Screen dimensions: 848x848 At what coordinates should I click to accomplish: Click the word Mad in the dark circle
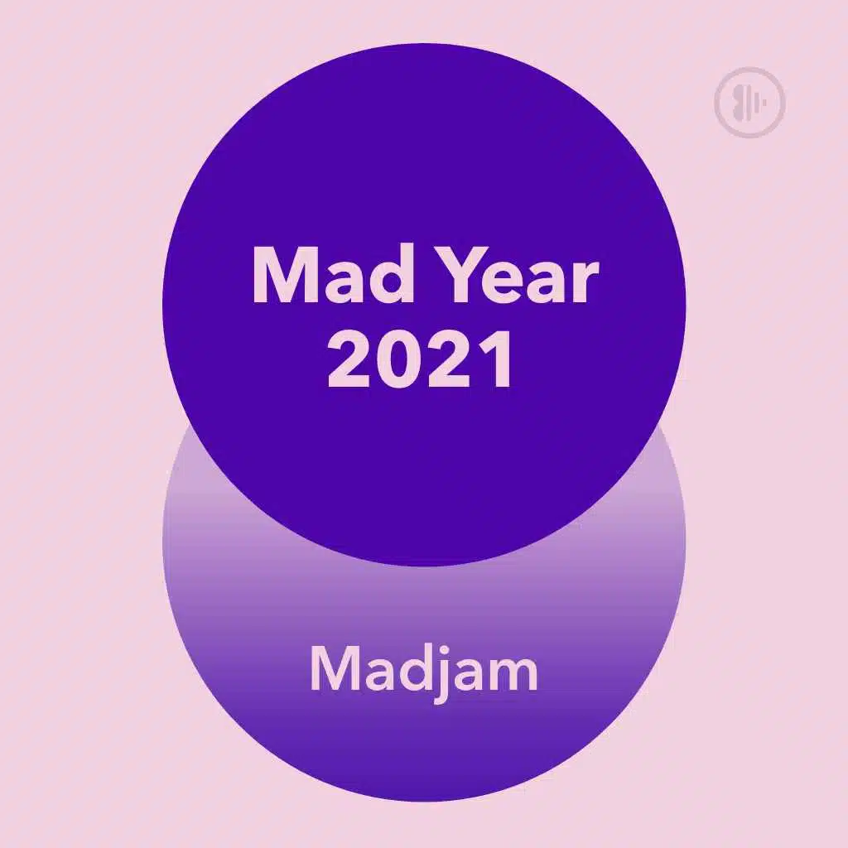pos(334,275)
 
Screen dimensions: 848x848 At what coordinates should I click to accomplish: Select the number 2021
pos(420,359)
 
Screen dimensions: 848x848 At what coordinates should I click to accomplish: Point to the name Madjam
pos(424,669)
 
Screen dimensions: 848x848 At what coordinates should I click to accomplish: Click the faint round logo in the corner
pos(749,101)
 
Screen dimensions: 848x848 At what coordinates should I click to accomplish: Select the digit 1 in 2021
pos(497,359)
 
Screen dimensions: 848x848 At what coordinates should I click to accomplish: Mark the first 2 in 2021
pos(349,359)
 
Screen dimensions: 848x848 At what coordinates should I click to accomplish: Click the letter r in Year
pos(585,283)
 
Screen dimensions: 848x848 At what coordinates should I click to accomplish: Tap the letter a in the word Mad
pos(342,283)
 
